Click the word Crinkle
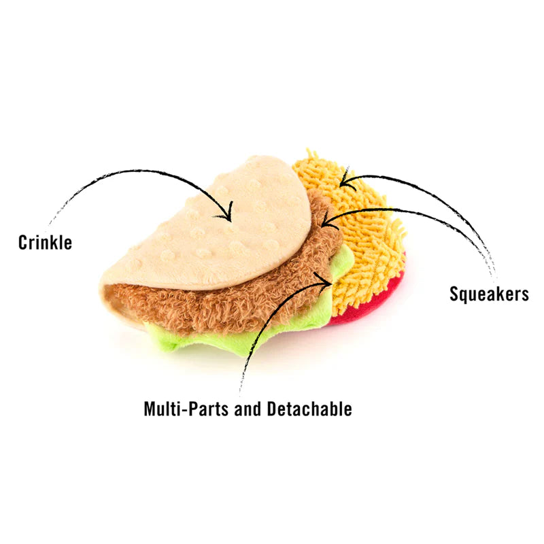(x=45, y=243)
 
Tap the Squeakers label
(x=489, y=294)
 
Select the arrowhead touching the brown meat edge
(x=326, y=221)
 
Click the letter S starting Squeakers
(x=454, y=294)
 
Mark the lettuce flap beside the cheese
(x=343, y=262)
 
